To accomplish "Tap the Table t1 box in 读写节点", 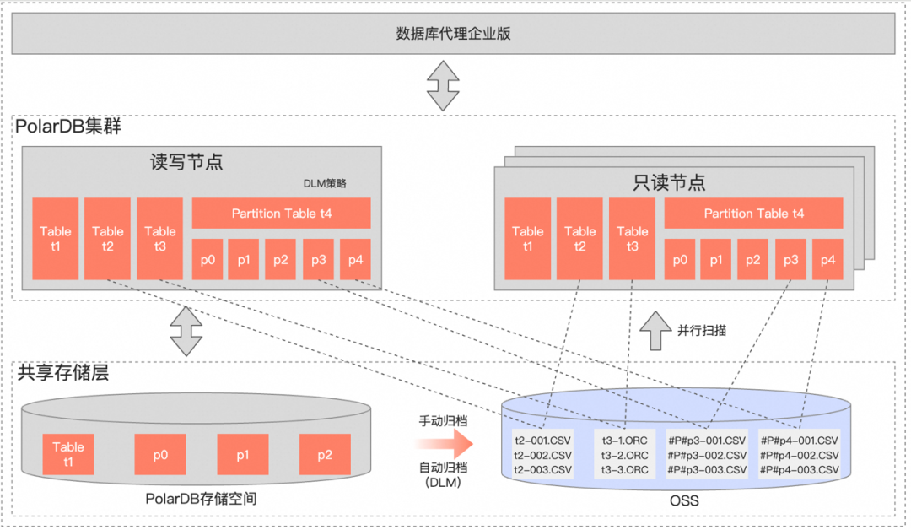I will click(x=56, y=239).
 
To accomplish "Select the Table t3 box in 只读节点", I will click(x=632, y=239).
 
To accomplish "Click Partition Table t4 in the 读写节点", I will click(x=282, y=214).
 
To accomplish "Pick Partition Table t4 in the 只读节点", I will click(x=754, y=214).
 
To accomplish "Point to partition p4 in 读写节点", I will click(x=355, y=260).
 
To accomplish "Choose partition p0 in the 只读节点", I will click(x=680, y=260).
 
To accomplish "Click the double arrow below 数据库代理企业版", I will click(x=442, y=85).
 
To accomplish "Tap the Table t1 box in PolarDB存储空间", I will click(x=68, y=454).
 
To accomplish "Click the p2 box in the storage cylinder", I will click(x=325, y=454).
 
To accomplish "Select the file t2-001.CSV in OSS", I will click(x=542, y=441).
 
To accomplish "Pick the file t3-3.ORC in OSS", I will click(x=625, y=469).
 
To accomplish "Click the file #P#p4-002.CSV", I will click(x=799, y=455).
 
